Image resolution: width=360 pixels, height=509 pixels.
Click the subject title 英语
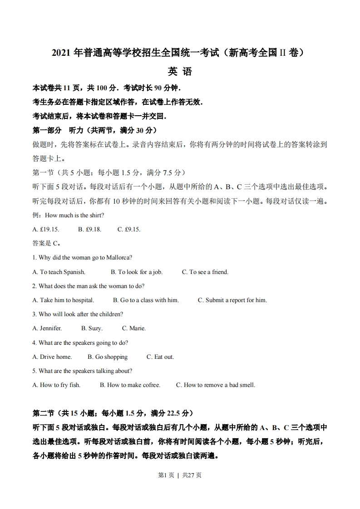click(180, 72)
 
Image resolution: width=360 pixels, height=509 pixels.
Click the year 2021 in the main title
click(60, 53)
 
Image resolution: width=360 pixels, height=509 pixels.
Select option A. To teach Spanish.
click(59, 272)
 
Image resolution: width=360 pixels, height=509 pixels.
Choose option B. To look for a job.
click(136, 272)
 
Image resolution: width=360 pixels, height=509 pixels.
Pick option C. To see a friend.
click(205, 272)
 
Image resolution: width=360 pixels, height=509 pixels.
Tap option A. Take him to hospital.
click(63, 300)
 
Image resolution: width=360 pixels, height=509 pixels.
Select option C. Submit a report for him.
click(232, 300)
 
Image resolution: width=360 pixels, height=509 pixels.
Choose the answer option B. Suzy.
click(92, 328)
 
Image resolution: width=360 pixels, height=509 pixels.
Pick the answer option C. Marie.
click(133, 328)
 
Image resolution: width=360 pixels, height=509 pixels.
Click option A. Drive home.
click(52, 357)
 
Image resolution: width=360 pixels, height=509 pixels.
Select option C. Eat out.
click(160, 357)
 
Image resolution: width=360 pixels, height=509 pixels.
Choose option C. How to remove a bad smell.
click(216, 385)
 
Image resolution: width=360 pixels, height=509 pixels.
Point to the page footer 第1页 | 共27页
click(180, 475)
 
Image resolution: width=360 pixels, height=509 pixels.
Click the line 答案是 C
click(47, 244)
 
